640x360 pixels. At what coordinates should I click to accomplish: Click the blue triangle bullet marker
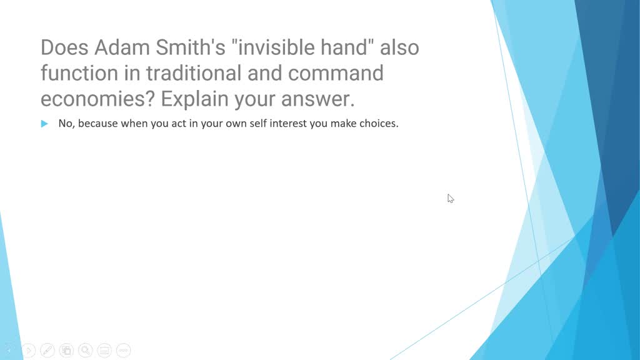[x=44, y=124]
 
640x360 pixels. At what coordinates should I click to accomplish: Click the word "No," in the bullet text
[x=66, y=124]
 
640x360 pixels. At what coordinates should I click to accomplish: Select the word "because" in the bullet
[x=98, y=124]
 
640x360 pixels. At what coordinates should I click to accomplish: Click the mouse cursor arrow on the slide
[x=450, y=198]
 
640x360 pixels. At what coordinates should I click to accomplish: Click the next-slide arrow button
[x=29, y=351]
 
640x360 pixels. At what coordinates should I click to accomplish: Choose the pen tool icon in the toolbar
[x=47, y=351]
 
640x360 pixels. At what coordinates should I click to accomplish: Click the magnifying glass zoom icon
[x=86, y=351]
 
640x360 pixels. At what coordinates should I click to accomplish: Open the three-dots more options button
[x=123, y=351]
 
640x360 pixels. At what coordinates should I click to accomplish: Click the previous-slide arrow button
[x=10, y=351]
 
